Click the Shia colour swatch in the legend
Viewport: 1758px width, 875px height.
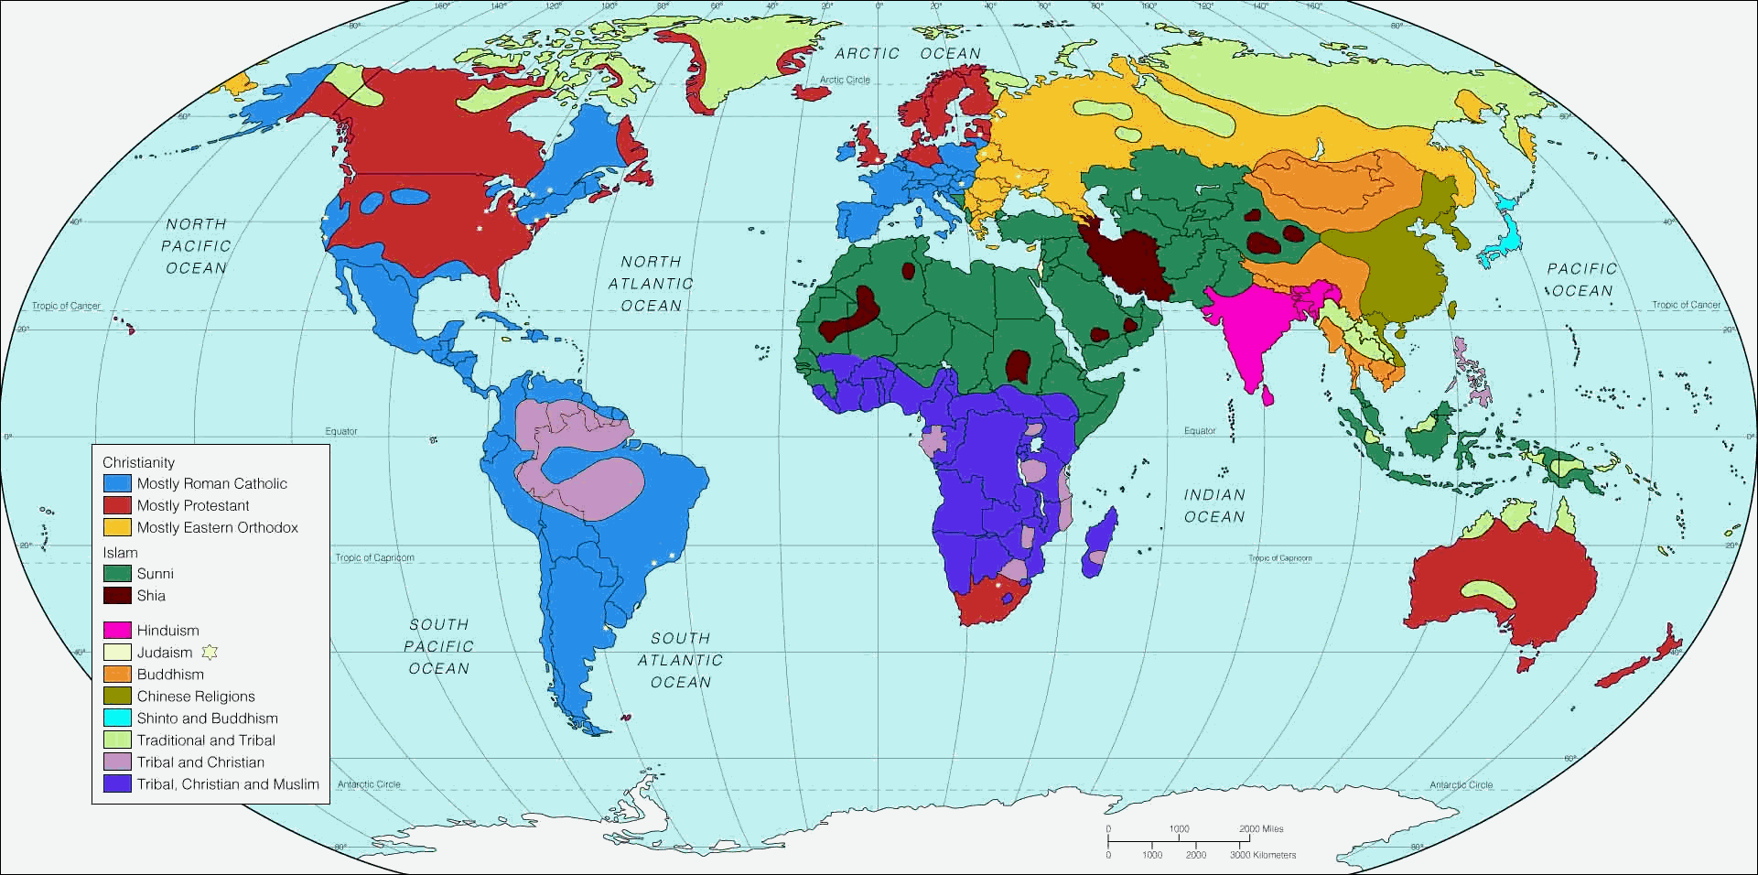tap(117, 596)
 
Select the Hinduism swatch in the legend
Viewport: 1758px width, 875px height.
tap(117, 631)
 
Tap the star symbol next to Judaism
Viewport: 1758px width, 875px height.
tap(210, 653)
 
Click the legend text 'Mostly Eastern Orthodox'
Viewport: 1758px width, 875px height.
tap(217, 527)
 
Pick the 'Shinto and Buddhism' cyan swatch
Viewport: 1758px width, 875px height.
tap(117, 718)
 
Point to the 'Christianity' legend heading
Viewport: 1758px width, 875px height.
tap(138, 462)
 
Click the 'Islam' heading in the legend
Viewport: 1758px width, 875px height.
tap(120, 552)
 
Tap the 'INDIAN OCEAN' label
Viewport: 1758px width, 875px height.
tap(1214, 505)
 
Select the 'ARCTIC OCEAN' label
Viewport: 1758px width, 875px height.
tap(907, 53)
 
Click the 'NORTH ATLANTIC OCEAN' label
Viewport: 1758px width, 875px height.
tap(651, 284)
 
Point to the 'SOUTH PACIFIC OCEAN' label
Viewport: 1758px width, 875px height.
tap(438, 646)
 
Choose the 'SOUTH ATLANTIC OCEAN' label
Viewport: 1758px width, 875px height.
tap(680, 660)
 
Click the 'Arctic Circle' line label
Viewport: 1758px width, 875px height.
tap(845, 80)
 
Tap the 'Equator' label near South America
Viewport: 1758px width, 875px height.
tap(341, 431)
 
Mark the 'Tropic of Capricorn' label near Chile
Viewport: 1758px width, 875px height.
tap(374, 557)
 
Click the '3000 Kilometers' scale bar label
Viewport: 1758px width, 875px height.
tap(1263, 855)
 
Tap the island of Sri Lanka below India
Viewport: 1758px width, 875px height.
tap(1267, 394)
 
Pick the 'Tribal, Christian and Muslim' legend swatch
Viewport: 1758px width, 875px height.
tap(117, 784)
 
